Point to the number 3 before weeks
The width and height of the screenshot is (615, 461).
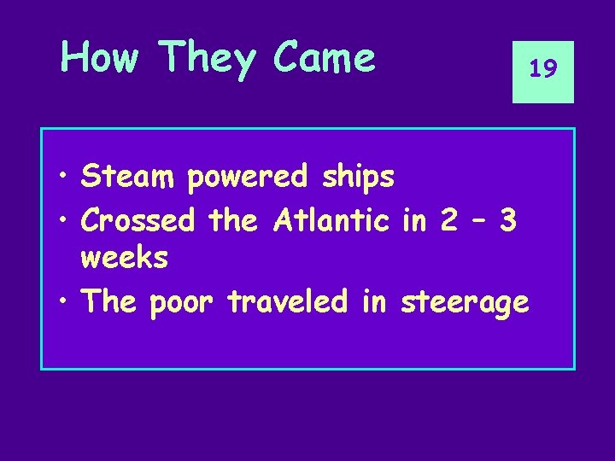pos(507,220)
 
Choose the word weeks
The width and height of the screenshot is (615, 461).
pos(125,257)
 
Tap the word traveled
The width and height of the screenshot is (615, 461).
pos(290,301)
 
